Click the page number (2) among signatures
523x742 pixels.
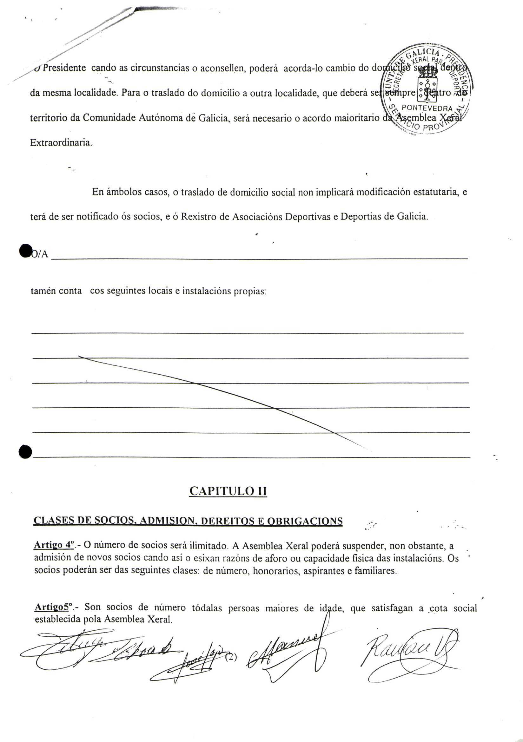pyautogui.click(x=230, y=657)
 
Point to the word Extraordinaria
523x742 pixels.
pyautogui.click(x=61, y=142)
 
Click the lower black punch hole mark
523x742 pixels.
pyautogui.click(x=25, y=451)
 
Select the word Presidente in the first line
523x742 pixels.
pyautogui.click(x=64, y=68)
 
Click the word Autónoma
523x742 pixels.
pyautogui.click(x=158, y=118)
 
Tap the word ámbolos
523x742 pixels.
pyautogui.click(x=124, y=192)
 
